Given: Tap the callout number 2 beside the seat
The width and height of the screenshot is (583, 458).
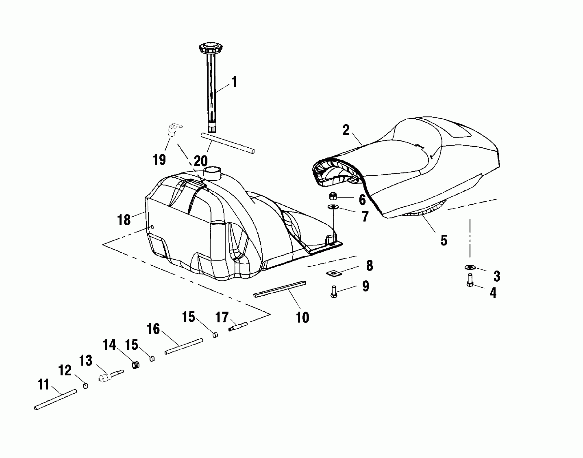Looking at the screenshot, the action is coord(346,130).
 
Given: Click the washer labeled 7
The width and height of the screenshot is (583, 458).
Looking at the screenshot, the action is coord(334,207).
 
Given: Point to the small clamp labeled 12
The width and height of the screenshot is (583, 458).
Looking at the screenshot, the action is coord(86,386).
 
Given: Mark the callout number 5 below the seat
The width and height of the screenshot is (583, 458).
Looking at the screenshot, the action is coord(444,240).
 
